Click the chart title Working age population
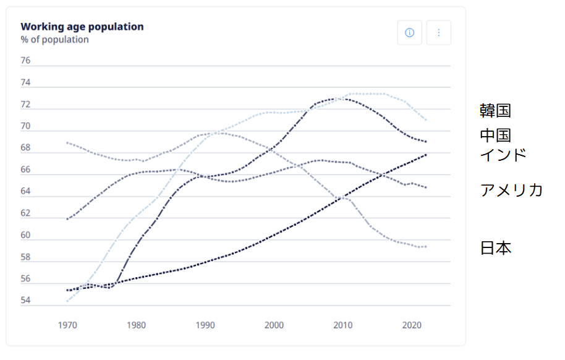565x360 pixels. (82, 27)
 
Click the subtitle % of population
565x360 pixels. (54, 40)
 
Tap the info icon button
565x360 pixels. (409, 33)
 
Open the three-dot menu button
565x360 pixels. (439, 33)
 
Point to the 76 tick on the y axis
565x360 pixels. (25, 61)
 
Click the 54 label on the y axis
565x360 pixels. (25, 301)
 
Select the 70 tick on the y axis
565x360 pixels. (25, 126)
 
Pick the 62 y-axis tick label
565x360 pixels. (25, 213)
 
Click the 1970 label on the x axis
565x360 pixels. (67, 325)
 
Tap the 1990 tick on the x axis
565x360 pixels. (205, 325)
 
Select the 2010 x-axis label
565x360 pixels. (342, 325)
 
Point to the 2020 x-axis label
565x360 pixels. (411, 325)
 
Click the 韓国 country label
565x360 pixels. (496, 111)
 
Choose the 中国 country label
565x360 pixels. (496, 135)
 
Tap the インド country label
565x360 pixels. (503, 155)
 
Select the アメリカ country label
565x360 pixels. (511, 190)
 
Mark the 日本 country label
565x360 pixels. (496, 249)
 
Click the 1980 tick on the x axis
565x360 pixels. (136, 325)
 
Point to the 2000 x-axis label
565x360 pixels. (274, 325)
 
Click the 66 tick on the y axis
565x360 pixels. (25, 169)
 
